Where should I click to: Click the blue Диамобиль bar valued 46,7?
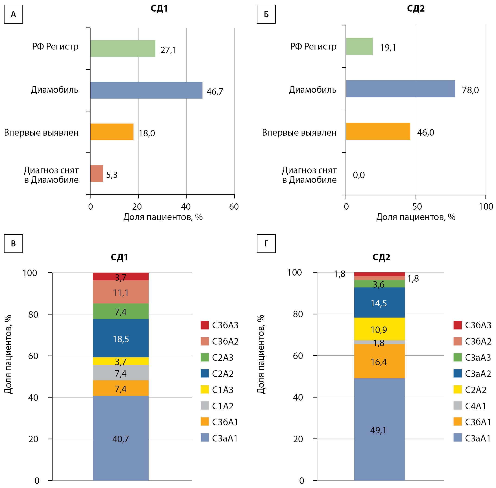tap(146, 90)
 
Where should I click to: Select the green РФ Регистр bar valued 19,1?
tap(359, 46)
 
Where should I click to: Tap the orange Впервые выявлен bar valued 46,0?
tap(378, 131)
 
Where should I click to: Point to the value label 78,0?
tap(470, 90)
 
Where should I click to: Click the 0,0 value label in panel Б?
tap(359, 175)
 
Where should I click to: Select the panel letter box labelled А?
tap(13, 14)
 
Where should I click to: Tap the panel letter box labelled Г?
tap(266, 243)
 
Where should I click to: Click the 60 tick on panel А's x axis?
tap(234, 207)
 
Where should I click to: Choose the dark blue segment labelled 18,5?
tap(121, 338)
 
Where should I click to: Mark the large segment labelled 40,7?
tap(121, 438)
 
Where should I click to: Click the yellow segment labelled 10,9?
tap(379, 329)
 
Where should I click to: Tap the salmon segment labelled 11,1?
tap(121, 292)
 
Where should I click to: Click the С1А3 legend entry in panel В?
tap(217, 390)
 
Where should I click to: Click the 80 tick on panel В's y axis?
tap(33, 314)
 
